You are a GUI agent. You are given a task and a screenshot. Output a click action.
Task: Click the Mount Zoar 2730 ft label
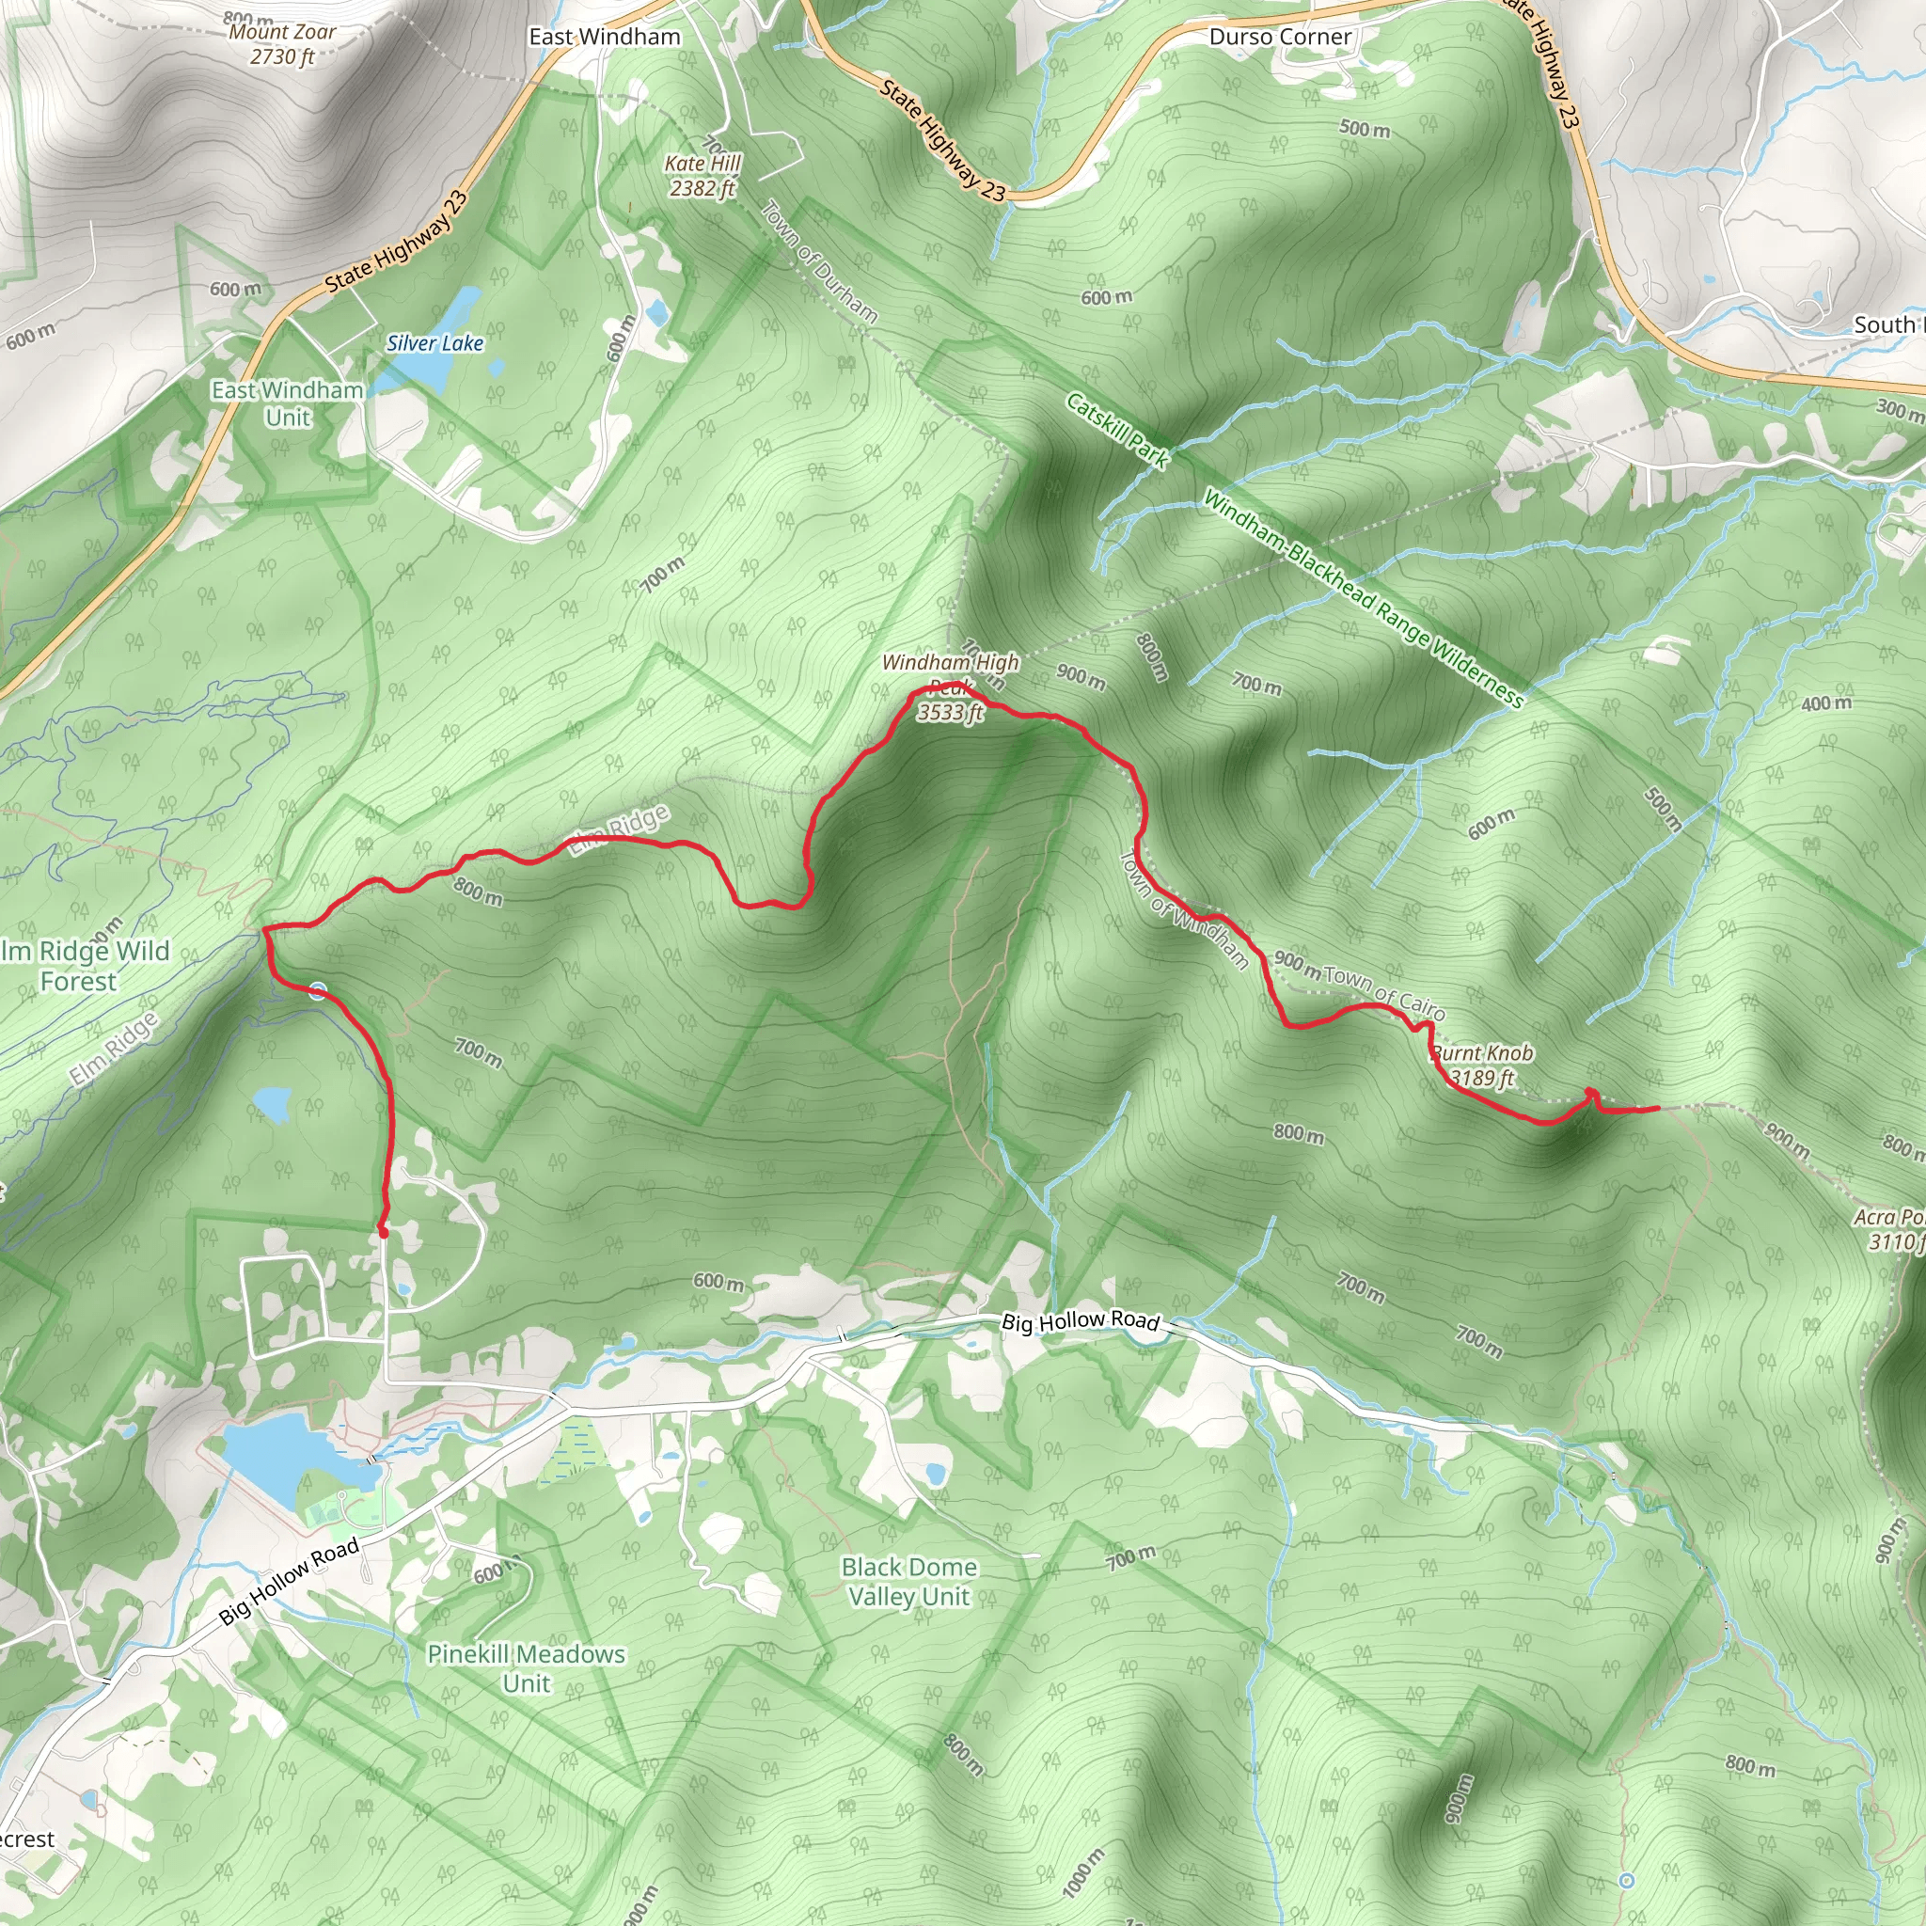(282, 44)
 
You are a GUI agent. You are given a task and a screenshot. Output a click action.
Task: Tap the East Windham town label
(604, 37)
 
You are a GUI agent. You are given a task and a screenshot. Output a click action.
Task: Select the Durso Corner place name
(1280, 37)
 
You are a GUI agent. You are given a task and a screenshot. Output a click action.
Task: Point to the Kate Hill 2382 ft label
(703, 176)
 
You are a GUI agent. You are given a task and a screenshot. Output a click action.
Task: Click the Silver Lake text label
(434, 344)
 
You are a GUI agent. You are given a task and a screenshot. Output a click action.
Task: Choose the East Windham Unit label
(287, 403)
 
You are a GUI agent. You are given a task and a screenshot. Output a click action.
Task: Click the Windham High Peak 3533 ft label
(950, 687)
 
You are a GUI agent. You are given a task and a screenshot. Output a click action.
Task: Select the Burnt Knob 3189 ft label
(1481, 1065)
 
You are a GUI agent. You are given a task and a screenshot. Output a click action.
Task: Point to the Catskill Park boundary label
(1116, 430)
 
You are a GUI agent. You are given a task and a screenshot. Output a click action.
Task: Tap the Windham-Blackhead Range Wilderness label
(1363, 597)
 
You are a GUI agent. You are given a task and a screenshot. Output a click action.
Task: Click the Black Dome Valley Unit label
(909, 1581)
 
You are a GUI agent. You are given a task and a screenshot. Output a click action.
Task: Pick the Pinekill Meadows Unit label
(527, 1667)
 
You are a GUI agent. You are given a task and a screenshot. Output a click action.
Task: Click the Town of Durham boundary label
(819, 261)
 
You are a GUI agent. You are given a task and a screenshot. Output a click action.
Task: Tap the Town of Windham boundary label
(1184, 909)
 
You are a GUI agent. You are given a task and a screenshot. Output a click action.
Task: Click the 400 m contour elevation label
(1826, 703)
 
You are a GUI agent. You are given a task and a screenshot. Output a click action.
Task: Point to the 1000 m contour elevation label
(1083, 1872)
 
